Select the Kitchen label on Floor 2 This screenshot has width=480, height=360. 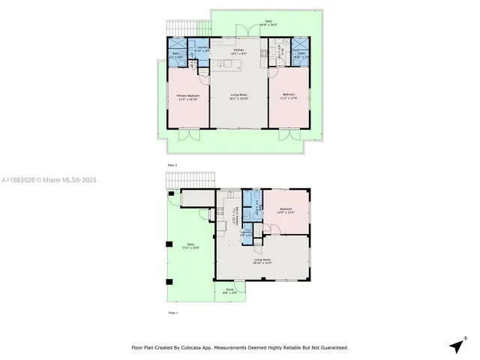238,50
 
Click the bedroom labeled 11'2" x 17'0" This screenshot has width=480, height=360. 289,96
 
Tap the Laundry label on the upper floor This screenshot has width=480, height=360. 202,49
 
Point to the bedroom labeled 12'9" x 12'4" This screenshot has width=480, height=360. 286,211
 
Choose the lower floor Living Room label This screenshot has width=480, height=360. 262,261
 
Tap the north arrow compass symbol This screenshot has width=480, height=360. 457,345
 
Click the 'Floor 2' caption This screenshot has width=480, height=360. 172,164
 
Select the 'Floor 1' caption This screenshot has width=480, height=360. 172,312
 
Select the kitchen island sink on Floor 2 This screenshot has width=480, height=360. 222,64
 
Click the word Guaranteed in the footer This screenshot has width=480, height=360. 331,348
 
